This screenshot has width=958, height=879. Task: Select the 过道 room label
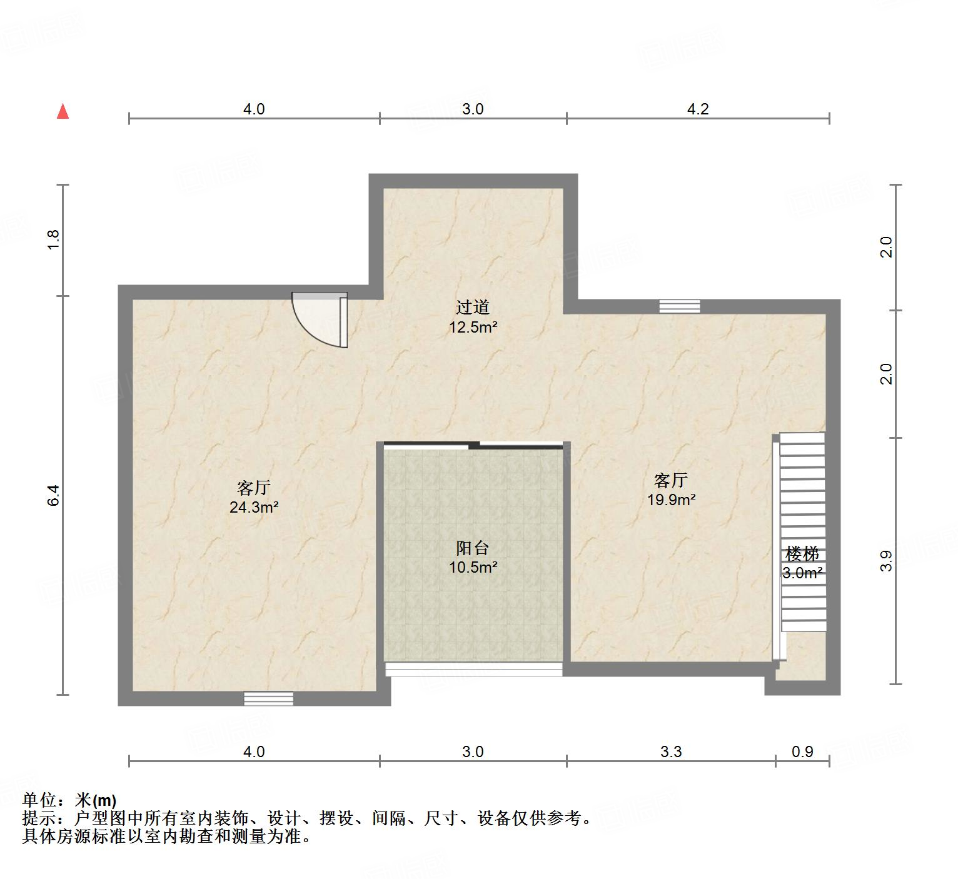pyautogui.click(x=472, y=307)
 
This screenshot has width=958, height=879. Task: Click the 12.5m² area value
pyautogui.click(x=473, y=327)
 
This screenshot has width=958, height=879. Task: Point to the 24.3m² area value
pyautogui.click(x=254, y=507)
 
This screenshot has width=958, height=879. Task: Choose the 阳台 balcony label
pyautogui.click(x=472, y=548)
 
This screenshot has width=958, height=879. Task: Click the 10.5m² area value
pyautogui.click(x=473, y=568)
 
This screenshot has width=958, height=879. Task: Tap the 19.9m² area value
pyautogui.click(x=672, y=500)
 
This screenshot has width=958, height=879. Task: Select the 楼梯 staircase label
pyautogui.click(x=802, y=553)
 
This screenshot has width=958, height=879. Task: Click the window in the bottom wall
pyautogui.click(x=268, y=698)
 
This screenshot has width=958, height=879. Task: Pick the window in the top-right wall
pyautogui.click(x=680, y=306)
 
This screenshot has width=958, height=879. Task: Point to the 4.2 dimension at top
pyautogui.click(x=698, y=109)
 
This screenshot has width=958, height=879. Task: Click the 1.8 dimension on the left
pyautogui.click(x=54, y=240)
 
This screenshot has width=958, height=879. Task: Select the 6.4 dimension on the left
pyautogui.click(x=54, y=495)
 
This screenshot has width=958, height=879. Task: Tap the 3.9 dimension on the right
pyautogui.click(x=886, y=561)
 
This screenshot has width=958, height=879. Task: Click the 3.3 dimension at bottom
pyautogui.click(x=671, y=751)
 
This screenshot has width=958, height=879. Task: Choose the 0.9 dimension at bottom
pyautogui.click(x=802, y=751)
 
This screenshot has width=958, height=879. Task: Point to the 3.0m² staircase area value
pyautogui.click(x=802, y=573)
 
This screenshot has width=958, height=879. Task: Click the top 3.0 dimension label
pyautogui.click(x=473, y=109)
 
